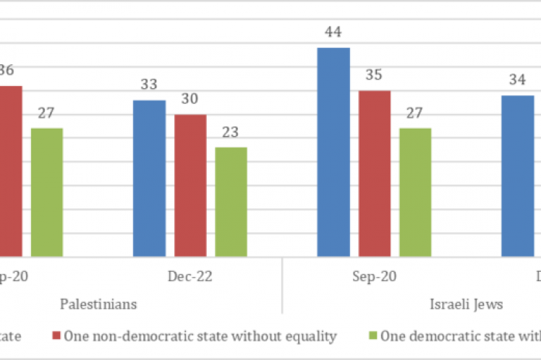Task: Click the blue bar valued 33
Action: tap(149, 178)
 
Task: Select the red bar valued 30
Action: tap(189, 185)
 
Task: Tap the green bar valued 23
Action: tap(231, 202)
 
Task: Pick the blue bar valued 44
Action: tap(333, 152)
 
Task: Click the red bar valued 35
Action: tap(374, 173)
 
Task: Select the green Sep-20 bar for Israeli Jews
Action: tap(415, 192)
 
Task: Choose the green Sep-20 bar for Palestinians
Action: tap(46, 192)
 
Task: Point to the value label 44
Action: tap(333, 33)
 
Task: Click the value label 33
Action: tap(149, 85)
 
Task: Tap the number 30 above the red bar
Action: tap(189, 99)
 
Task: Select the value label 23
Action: tap(231, 132)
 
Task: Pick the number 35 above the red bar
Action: tap(374, 75)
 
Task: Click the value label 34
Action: tap(517, 80)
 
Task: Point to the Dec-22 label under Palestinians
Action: tap(189, 276)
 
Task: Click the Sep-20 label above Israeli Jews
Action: tap(374, 276)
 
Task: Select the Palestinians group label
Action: tap(98, 304)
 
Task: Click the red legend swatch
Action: tap(56, 335)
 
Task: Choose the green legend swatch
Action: tap(373, 335)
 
